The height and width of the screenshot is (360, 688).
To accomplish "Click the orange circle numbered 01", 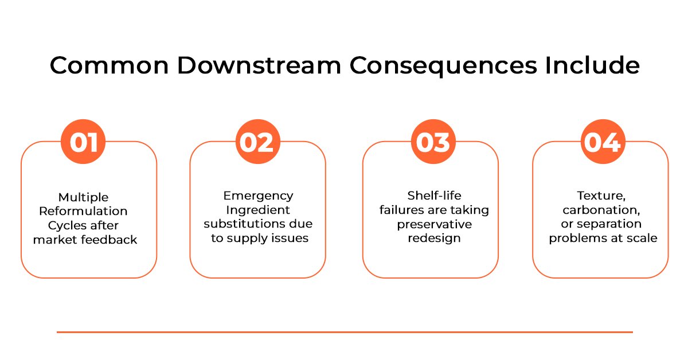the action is (83, 142).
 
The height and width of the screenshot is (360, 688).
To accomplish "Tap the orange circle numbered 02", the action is (258, 142).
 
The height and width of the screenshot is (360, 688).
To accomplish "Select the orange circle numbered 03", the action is (433, 142).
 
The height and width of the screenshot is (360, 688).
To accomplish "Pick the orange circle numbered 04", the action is (603, 142).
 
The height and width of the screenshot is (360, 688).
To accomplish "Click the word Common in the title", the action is (110, 65).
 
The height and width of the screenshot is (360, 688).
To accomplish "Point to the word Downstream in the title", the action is (260, 65).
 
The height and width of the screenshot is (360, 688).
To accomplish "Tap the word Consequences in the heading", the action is (443, 66).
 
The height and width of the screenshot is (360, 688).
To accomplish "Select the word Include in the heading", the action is (592, 65).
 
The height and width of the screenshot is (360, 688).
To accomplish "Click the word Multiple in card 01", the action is (84, 197).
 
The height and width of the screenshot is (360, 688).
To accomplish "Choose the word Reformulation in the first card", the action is (83, 211).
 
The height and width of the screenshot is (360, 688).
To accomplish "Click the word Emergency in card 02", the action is (259, 196).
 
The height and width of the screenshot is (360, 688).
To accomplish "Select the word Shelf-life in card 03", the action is (435, 195).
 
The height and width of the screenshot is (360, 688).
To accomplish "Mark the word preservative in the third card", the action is (435, 225).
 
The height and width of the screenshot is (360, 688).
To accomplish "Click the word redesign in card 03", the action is (435, 238).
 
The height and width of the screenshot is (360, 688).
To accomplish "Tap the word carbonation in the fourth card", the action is (601, 210).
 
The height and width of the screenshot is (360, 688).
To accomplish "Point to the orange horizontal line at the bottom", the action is (345, 332).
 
